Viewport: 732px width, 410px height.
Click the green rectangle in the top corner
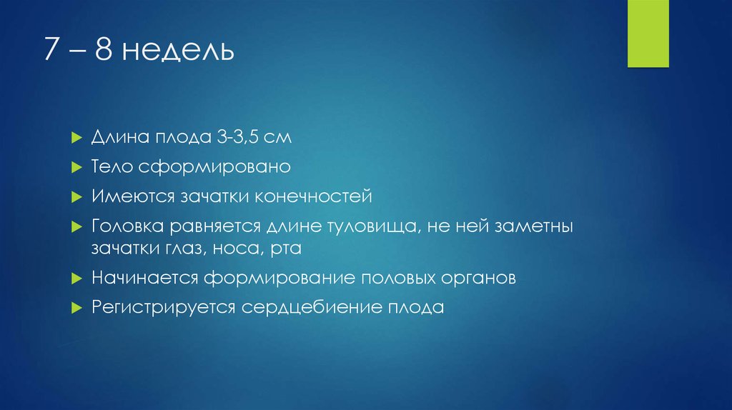[x=648, y=34]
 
